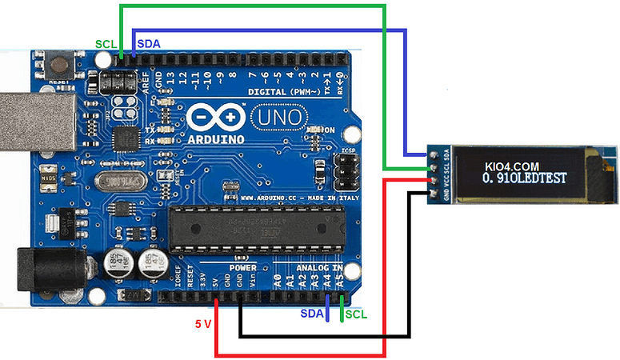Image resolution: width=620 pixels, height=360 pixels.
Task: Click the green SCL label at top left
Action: point(104,44)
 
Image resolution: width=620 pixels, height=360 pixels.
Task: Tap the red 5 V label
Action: point(204,324)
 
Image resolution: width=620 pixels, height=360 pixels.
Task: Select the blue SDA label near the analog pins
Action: point(312,314)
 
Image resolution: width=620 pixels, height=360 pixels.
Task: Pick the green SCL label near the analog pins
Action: point(356,314)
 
